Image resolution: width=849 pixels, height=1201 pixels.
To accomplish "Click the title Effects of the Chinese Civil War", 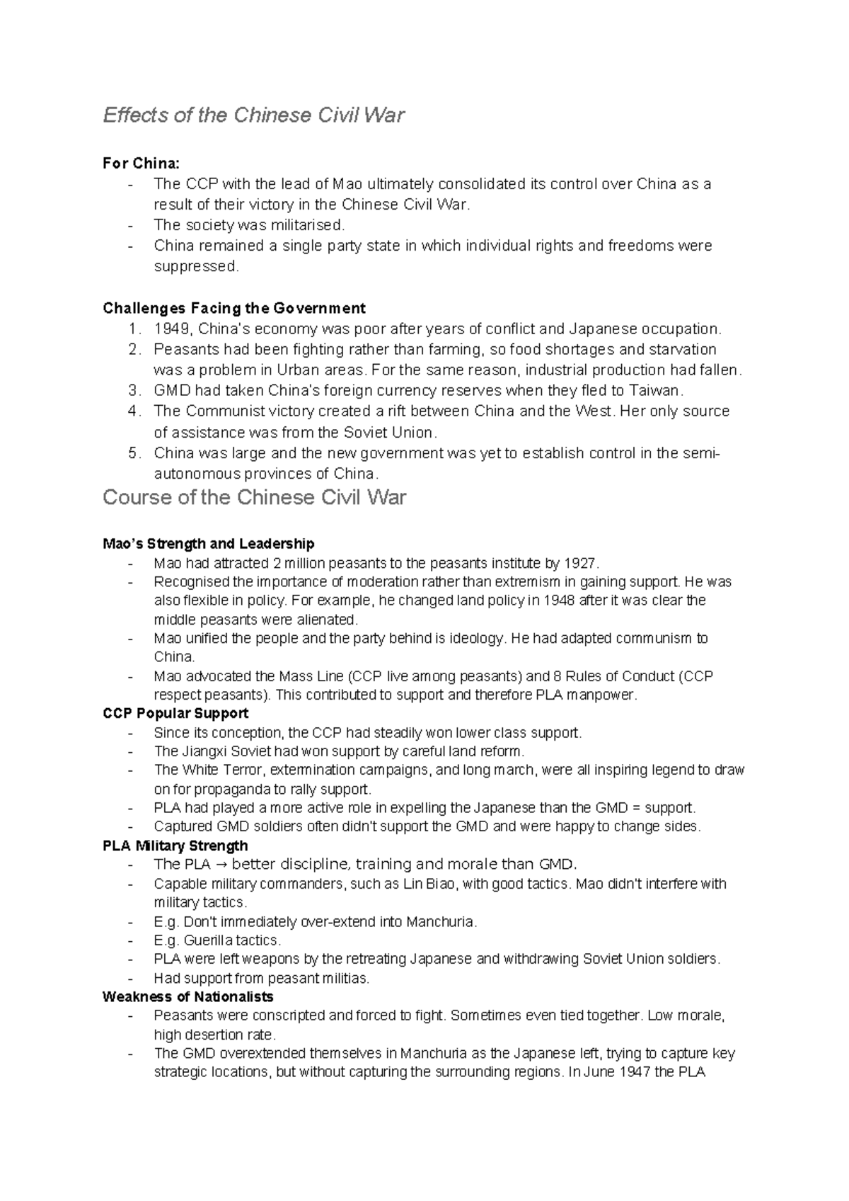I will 253,115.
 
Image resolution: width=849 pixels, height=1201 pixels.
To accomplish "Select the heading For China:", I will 141,164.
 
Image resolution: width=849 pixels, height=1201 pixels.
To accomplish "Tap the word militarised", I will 308,225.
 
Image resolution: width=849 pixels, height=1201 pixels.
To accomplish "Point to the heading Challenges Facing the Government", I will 234,308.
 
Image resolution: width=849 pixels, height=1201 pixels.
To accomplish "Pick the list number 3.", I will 134,390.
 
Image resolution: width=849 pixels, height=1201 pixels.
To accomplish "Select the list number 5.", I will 134,452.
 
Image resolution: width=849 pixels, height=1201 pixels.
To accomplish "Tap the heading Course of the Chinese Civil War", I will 254,497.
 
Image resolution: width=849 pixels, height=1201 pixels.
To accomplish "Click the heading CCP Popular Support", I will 175,713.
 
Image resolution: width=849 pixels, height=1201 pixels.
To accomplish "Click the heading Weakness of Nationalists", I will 187,997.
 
